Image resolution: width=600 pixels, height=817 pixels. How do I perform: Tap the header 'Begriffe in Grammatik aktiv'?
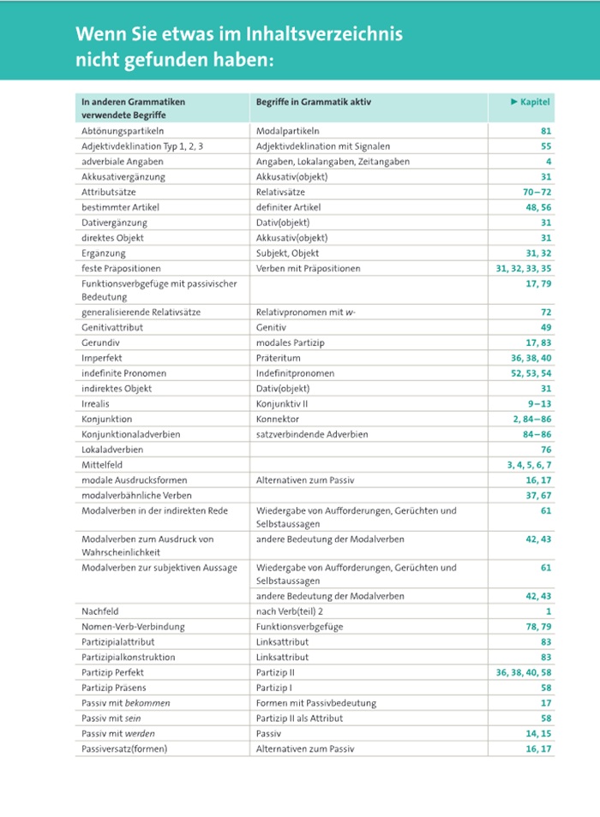[313, 102]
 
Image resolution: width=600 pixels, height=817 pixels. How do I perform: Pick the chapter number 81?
[546, 131]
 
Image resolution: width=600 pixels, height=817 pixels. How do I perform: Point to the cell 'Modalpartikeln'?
[287, 131]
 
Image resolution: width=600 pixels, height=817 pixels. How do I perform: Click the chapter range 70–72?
[537, 192]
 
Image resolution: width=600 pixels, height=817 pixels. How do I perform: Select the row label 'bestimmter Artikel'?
[120, 207]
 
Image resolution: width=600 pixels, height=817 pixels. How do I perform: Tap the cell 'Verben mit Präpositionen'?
[308, 268]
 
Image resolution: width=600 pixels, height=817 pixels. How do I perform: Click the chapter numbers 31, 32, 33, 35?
[524, 268]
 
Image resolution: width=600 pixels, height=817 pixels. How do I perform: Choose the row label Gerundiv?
[100, 343]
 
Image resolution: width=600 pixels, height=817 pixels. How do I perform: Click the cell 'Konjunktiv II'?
[283, 403]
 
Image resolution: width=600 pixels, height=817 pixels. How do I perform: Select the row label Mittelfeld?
[102, 464]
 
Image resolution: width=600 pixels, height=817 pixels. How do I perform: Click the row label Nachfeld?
[100, 611]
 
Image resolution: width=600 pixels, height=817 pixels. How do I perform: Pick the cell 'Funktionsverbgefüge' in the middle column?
[299, 627]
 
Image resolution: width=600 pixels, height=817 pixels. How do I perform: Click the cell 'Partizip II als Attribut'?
[303, 719]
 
